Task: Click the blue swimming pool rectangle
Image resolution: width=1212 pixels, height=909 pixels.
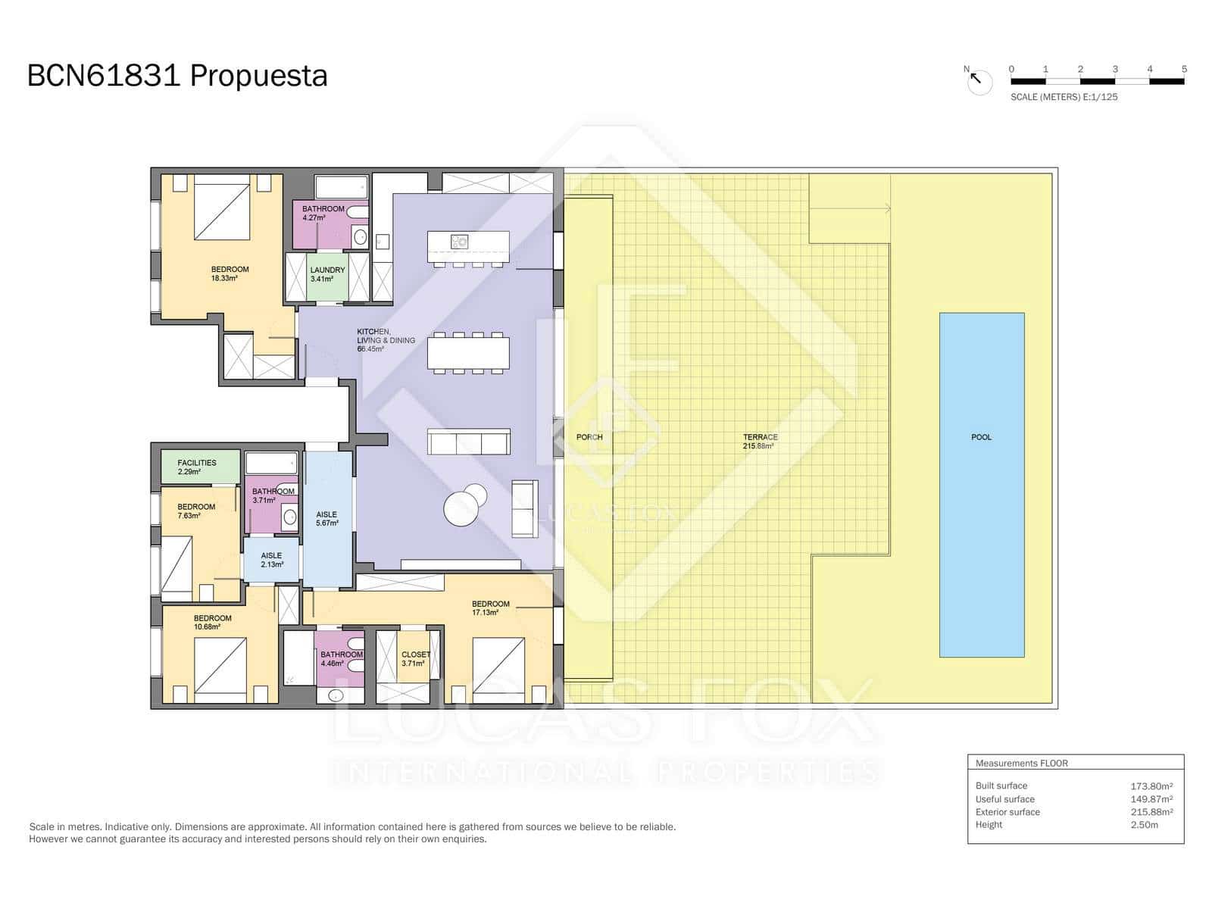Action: point(982,485)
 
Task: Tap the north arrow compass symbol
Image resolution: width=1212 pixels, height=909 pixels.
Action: point(979,80)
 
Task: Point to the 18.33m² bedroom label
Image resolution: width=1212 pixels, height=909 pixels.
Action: point(229,273)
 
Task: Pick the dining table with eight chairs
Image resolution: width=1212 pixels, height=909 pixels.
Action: point(468,353)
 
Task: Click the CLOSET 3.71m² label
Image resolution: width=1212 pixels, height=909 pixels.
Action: point(415,658)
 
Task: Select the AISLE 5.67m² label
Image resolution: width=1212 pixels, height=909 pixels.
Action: point(326,519)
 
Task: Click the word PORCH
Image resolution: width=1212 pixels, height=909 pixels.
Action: point(589,437)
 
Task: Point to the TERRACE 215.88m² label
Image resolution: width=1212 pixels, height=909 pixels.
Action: point(759,442)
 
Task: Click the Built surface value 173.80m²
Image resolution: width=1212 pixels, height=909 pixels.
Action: point(1151,786)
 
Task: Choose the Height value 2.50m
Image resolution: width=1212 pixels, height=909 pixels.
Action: point(1144,825)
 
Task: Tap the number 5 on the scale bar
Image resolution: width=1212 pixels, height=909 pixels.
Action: point(1184,69)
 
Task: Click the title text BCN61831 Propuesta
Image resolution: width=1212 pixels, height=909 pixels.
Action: point(177,76)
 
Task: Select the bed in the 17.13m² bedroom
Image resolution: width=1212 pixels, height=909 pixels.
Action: point(498,664)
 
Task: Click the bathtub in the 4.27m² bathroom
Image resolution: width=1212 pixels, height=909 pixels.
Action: point(341,187)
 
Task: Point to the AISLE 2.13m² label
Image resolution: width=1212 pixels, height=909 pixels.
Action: point(271,560)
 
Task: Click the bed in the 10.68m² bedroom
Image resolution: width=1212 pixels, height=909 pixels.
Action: point(220,664)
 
